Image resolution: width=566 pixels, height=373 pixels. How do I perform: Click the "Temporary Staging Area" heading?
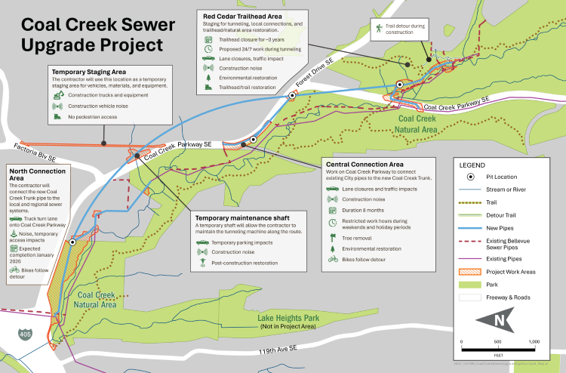pos(88,70)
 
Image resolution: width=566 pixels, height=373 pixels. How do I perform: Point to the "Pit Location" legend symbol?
pos(470,175)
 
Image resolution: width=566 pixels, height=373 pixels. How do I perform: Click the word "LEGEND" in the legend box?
pos(474,163)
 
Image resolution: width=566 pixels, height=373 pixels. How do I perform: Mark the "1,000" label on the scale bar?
pos(534,342)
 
